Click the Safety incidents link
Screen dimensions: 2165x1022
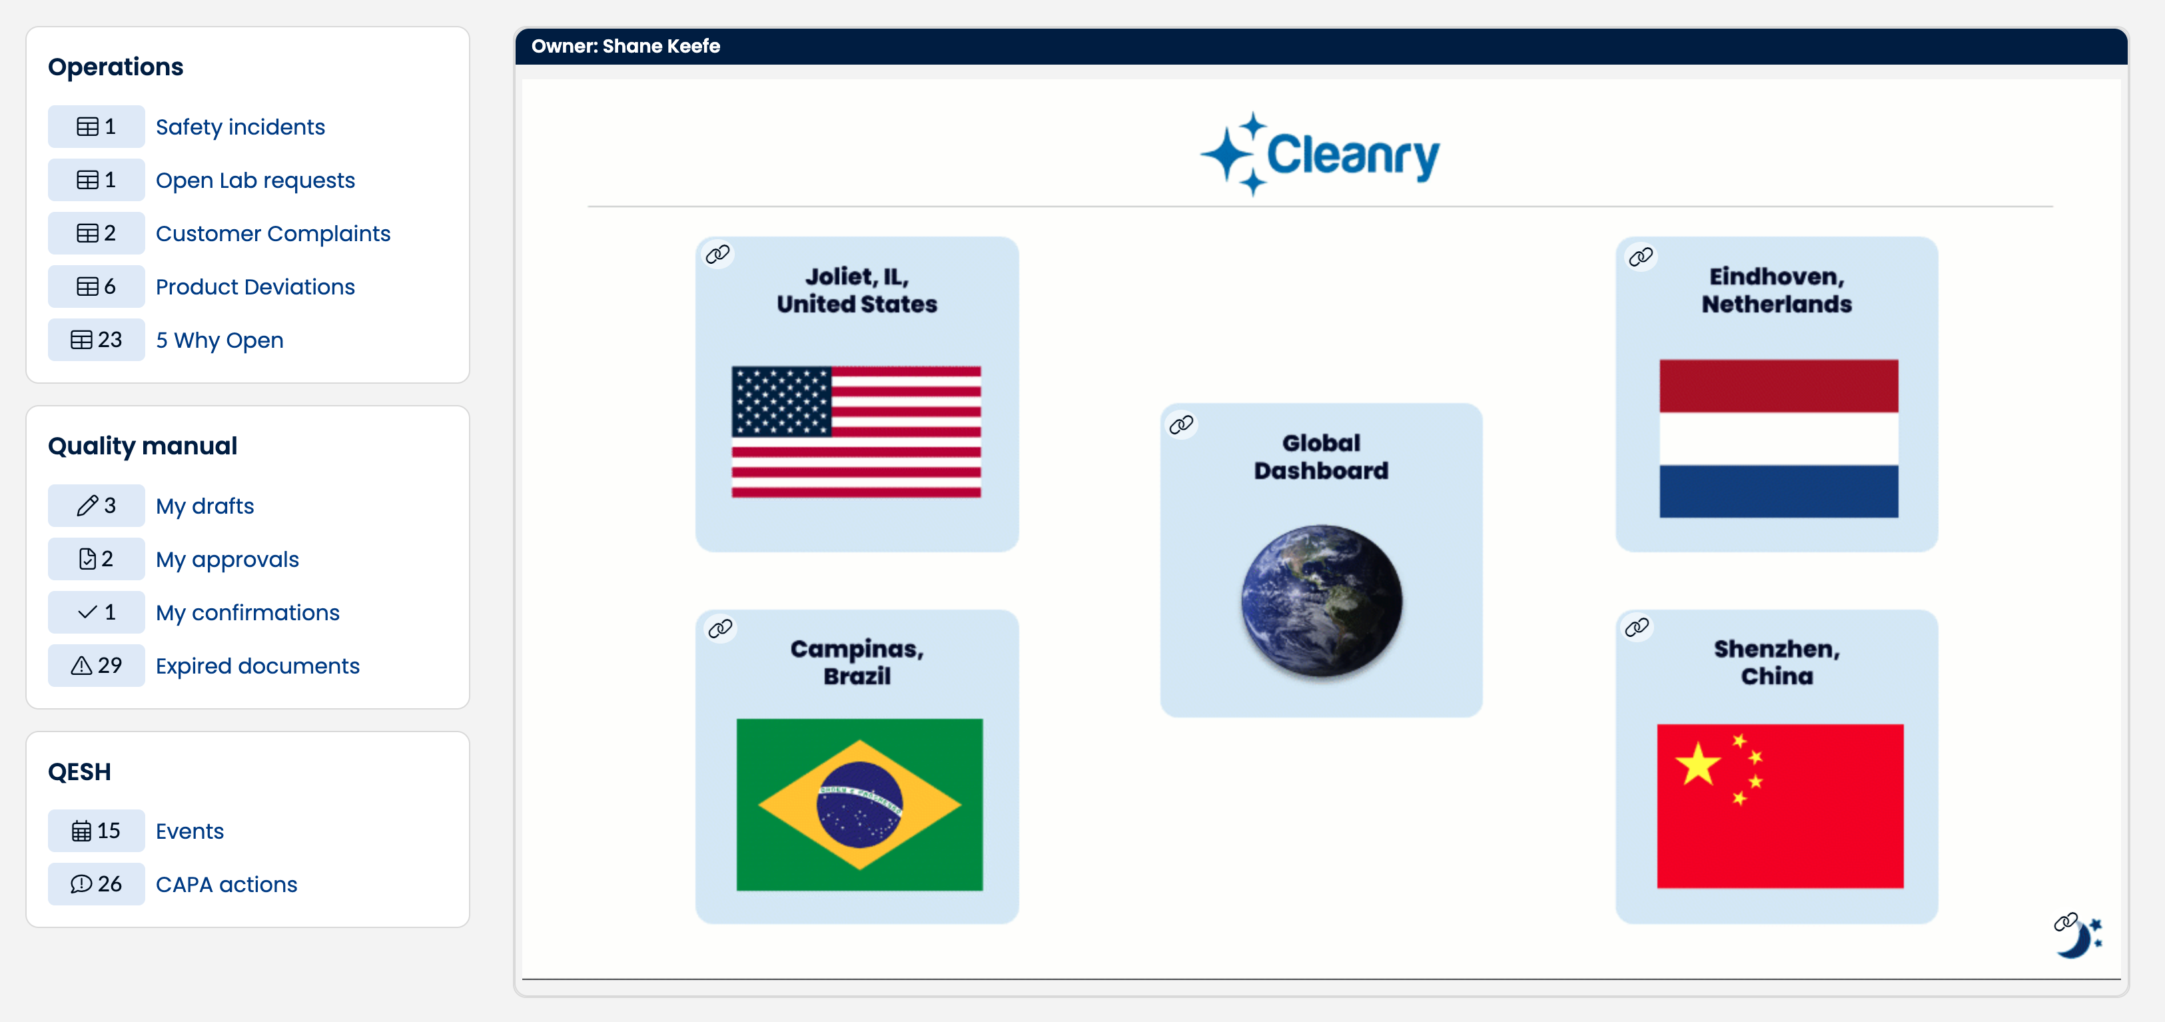click(240, 127)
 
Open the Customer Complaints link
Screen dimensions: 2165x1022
click(273, 234)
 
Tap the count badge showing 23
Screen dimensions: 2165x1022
click(96, 340)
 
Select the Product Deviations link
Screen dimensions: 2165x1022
click(256, 286)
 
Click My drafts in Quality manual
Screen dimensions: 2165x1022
click(205, 506)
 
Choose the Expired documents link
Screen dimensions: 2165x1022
click(258, 666)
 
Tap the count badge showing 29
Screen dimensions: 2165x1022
click(96, 666)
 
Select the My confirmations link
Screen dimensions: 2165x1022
click(248, 613)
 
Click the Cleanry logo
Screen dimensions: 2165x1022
click(1320, 154)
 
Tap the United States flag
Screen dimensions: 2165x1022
click(857, 432)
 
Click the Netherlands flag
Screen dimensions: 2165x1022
click(1779, 438)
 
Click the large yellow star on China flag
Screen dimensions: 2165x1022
click(1698, 764)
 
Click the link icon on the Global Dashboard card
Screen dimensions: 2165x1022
click(1182, 424)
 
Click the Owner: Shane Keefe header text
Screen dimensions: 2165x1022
click(626, 46)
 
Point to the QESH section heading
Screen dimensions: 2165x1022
click(79, 771)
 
